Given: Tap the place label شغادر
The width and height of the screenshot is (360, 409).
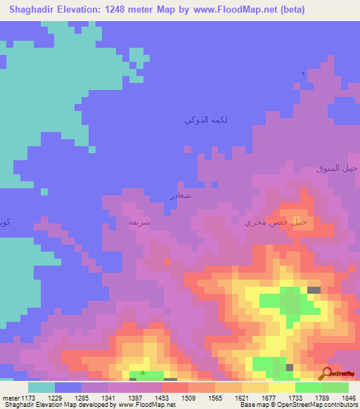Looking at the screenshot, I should click(181, 195).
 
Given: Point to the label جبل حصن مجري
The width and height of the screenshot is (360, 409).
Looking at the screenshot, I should click(276, 222).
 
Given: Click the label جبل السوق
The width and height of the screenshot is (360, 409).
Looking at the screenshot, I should click(337, 169).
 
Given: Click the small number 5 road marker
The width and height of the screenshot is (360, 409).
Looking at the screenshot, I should click(303, 74).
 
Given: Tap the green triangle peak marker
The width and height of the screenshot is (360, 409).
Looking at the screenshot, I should click(143, 373).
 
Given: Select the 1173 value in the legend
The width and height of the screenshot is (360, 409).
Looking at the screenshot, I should click(27, 398).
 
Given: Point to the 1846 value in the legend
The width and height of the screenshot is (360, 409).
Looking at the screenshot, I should click(348, 398).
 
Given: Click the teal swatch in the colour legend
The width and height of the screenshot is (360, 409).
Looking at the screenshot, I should click(41, 387).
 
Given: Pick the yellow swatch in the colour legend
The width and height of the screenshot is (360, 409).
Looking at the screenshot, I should click(282, 387).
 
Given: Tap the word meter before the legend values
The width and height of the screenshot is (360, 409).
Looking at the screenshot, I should click(11, 398).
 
